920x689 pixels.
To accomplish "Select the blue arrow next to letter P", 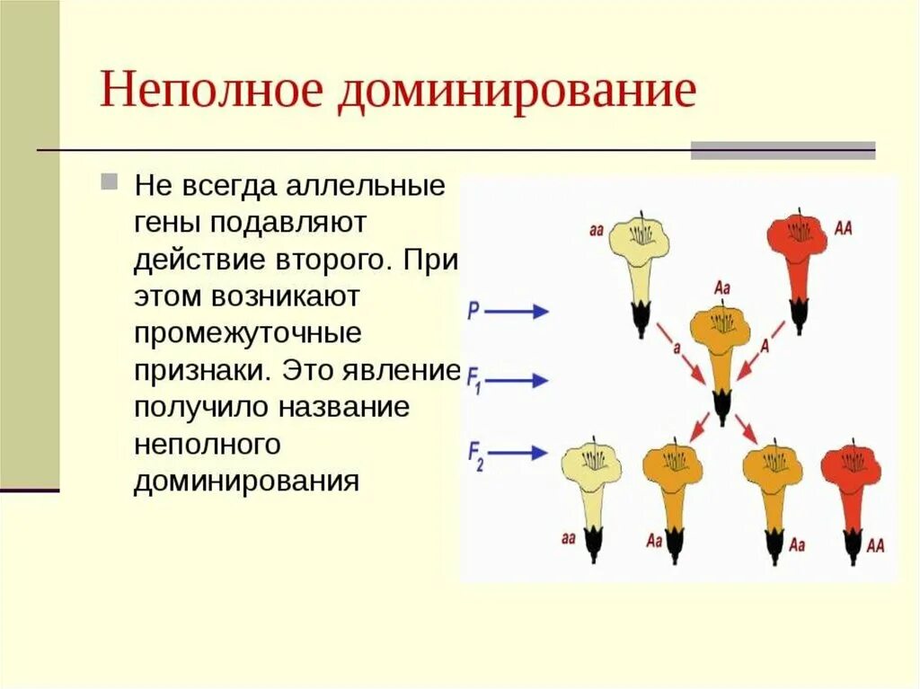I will pos(520,311).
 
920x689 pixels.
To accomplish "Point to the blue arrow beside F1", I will pos(520,381).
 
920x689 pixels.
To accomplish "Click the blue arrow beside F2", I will pos(520,452).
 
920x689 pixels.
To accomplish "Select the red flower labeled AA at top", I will pos(797,247).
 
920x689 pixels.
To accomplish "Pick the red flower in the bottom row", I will pos(851,485).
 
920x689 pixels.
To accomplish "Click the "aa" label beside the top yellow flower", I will pos(597,230).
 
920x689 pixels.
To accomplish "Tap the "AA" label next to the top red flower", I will pos(844,228).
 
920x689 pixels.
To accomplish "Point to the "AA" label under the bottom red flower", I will pos(874,545).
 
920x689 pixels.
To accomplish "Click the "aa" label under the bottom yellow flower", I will pos(568,539).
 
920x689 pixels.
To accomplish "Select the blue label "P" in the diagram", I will pos(473,311).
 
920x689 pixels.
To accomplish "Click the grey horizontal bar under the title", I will pos(783,150).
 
